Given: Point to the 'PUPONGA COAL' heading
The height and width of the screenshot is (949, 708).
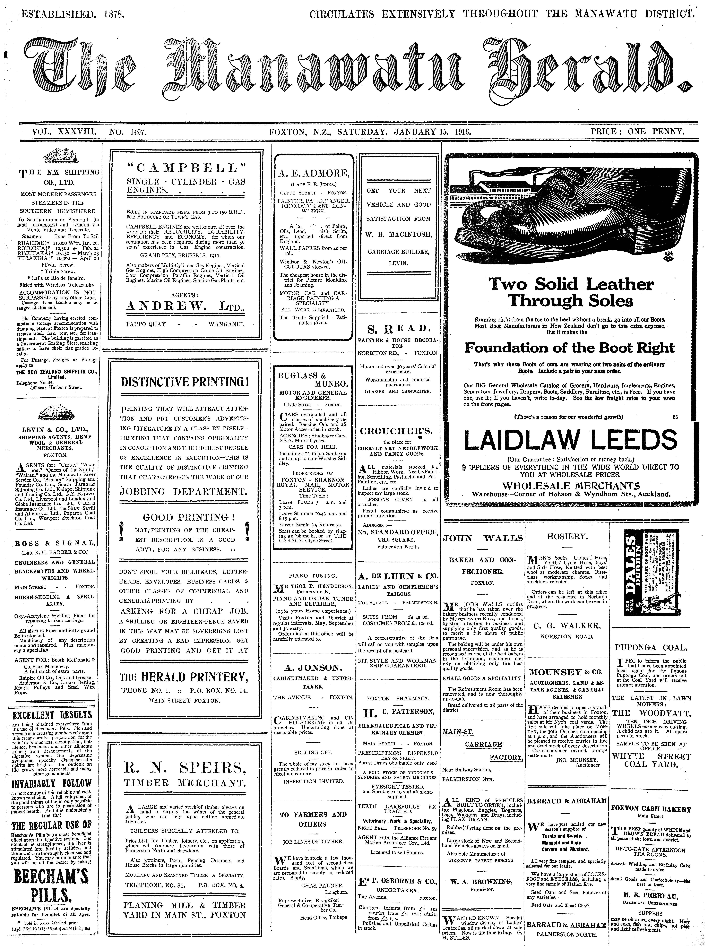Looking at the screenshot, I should (651, 647).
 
